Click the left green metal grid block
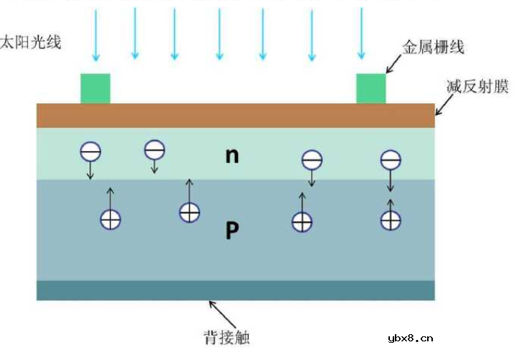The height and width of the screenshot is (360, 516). pos(95,88)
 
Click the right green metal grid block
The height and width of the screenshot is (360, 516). pos(371,88)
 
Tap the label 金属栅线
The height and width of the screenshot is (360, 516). pos(435,48)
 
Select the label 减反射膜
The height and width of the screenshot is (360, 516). pos(477,87)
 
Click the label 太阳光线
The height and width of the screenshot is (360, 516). pos(32,42)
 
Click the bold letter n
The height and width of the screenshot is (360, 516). pos(231,155)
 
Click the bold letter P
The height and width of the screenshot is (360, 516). pos(231,230)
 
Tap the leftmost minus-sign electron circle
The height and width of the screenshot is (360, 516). pos(90,151)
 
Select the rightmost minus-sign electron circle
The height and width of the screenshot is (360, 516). pos(391,159)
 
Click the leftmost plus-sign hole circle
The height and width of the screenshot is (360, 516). pos(110,219)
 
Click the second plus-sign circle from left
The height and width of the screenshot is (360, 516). pos(189,212)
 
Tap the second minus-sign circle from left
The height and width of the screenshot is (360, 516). pos(155,149)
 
